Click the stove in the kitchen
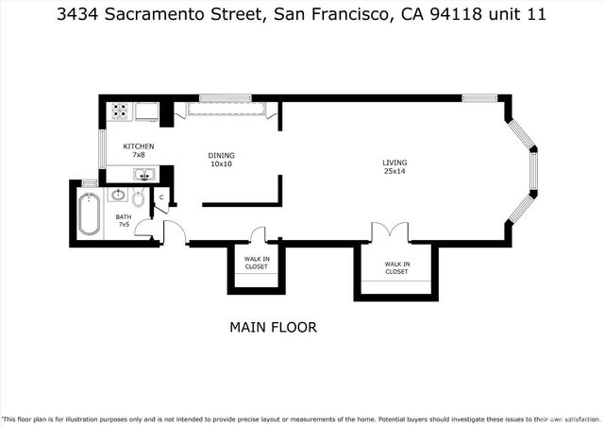[x=120, y=111]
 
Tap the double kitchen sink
[x=144, y=174]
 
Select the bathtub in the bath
[x=89, y=214]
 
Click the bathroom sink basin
[x=118, y=196]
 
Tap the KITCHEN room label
[x=139, y=146]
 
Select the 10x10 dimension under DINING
[x=221, y=164]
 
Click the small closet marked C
[x=162, y=197]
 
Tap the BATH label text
[x=124, y=216]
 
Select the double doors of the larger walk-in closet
[x=389, y=232]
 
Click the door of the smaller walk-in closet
[x=258, y=235]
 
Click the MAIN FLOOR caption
[x=273, y=328]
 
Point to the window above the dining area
[x=225, y=97]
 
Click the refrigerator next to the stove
[x=147, y=111]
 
